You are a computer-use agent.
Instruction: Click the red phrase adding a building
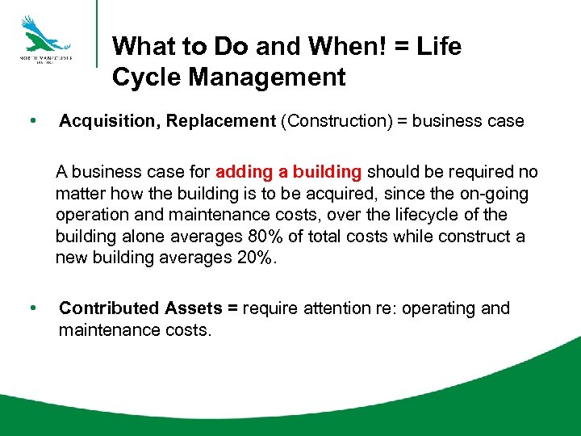coord(289,172)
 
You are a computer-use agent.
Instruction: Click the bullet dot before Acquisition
coord(31,121)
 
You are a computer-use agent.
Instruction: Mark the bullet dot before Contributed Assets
coord(31,308)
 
